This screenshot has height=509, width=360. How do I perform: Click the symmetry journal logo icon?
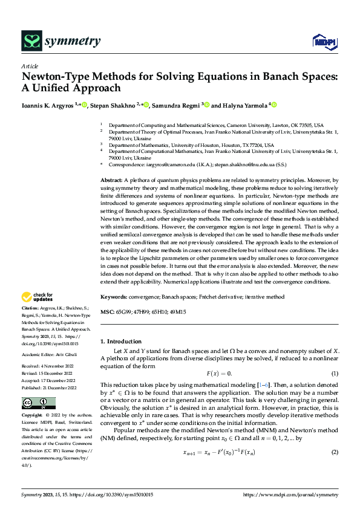(x=31, y=41)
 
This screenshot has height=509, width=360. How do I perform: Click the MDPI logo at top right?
(x=324, y=42)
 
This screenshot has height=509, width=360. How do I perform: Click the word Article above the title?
(x=29, y=66)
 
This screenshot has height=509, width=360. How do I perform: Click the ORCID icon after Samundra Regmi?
(x=207, y=105)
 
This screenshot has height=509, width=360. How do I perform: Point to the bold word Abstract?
(x=111, y=181)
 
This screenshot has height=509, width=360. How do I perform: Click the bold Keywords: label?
(x=114, y=297)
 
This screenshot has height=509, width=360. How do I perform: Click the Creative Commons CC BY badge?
(x=38, y=403)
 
